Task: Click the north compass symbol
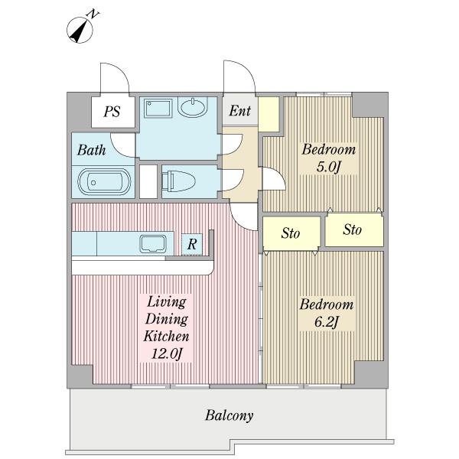(x=80, y=30)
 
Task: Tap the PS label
(x=112, y=112)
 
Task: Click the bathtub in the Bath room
(x=104, y=182)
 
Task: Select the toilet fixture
(x=178, y=181)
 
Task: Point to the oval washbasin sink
(x=193, y=107)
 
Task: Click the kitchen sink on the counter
(x=153, y=244)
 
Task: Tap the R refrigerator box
(x=192, y=244)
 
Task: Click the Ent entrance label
(x=240, y=111)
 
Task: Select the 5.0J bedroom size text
(x=329, y=167)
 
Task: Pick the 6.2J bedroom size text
(x=327, y=322)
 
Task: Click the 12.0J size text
(x=167, y=353)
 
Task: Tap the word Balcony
(x=229, y=415)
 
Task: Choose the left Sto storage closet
(x=291, y=233)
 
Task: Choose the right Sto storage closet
(x=354, y=229)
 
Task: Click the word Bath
(x=91, y=150)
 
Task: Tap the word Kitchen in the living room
(x=166, y=336)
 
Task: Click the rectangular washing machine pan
(x=158, y=109)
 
